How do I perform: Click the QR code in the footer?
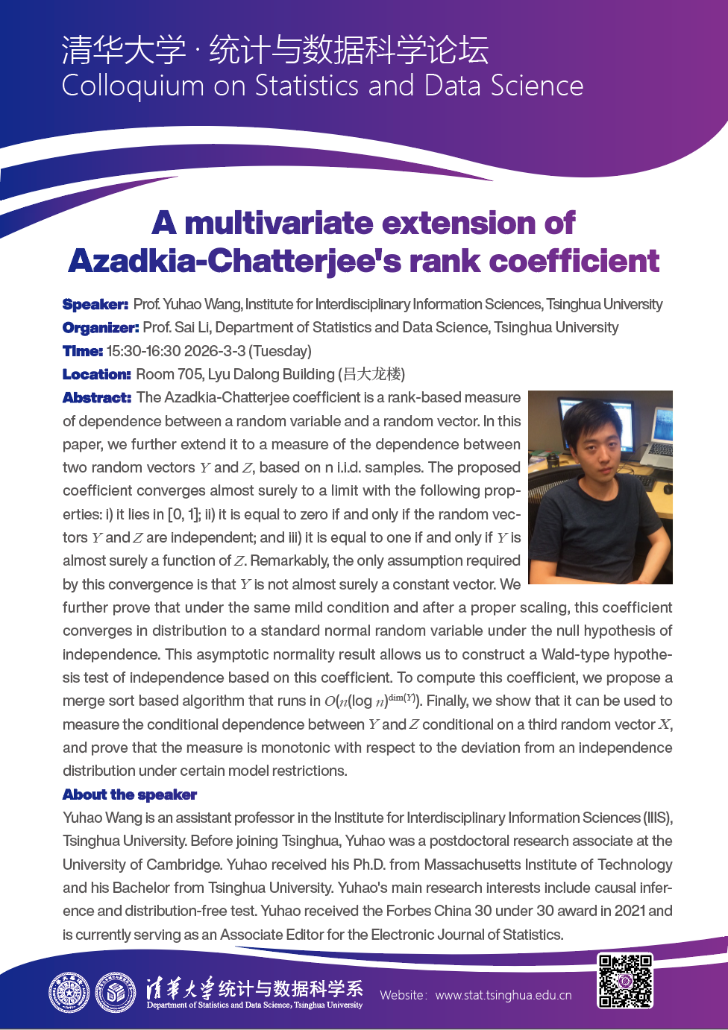point(625,980)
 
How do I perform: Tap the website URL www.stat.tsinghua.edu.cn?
point(503,995)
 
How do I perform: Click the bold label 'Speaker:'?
point(95,304)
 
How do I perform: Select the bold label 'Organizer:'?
point(101,327)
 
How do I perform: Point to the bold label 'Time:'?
point(83,351)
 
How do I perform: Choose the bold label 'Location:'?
point(97,374)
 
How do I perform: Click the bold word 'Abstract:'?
point(97,397)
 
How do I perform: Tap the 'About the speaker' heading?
point(130,794)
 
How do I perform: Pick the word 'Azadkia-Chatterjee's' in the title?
point(235,261)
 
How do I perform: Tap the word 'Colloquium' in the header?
point(133,86)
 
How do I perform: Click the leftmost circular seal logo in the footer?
point(69,993)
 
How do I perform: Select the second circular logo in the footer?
point(115,993)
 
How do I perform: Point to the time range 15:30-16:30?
point(148,351)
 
